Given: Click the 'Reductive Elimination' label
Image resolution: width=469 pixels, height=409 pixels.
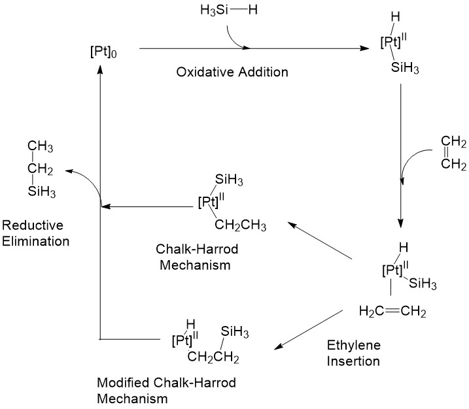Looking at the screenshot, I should tap(35, 233).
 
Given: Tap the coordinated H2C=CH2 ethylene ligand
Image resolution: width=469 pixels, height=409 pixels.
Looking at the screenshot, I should tap(392, 312).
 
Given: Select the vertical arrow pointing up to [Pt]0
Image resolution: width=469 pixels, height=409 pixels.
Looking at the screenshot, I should tap(99, 196).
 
